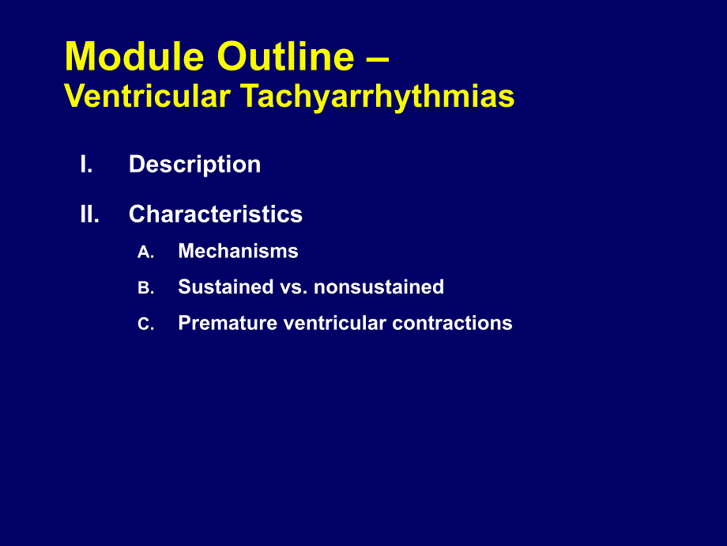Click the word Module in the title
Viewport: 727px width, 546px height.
[x=134, y=56]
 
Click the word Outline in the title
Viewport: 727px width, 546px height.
[x=285, y=56]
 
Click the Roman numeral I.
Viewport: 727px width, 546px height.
[x=86, y=164]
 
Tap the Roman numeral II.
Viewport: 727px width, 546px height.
[x=89, y=214]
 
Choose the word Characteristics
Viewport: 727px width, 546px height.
[x=216, y=214]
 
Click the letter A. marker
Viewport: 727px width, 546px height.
[x=145, y=252]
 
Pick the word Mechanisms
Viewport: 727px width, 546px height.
[x=239, y=251]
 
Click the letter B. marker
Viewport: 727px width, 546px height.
[x=145, y=288]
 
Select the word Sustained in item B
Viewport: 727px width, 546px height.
[x=226, y=287]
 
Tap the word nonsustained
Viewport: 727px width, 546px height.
[x=379, y=287]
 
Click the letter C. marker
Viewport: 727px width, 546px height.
[x=145, y=324]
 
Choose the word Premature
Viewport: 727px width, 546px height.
[x=228, y=323]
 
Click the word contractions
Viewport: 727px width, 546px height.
[x=452, y=323]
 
